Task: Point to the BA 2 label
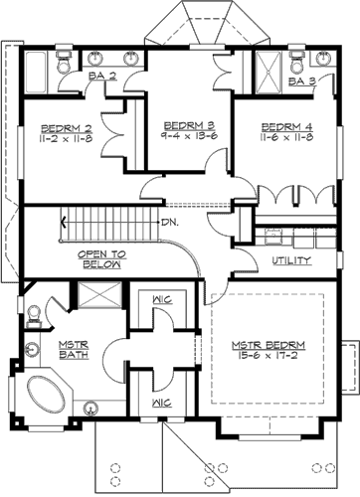[103, 76]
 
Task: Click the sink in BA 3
[302, 58]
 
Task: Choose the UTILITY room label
[292, 260]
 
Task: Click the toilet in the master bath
[33, 315]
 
